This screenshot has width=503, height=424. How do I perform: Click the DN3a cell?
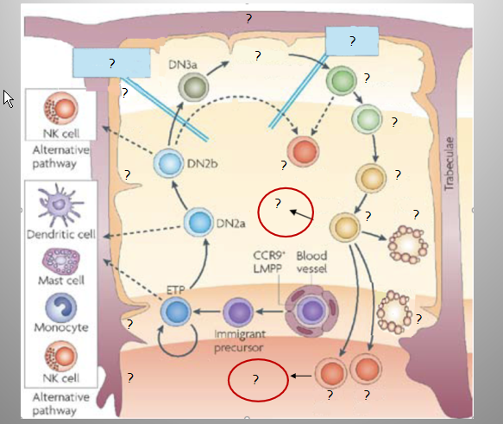[x=193, y=86]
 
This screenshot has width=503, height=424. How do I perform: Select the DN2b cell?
[x=169, y=163]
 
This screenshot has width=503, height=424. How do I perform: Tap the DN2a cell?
[x=199, y=222]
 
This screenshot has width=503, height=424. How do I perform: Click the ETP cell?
[x=176, y=312]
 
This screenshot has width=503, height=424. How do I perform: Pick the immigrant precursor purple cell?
[x=238, y=312]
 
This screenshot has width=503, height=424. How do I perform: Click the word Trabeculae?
[x=450, y=164]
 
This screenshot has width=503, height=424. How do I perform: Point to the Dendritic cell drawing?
[x=60, y=204]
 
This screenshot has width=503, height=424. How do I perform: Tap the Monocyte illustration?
[x=61, y=307]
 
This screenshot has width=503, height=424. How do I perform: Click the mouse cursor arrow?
[x=8, y=98]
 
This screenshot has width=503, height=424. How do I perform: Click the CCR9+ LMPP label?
[x=268, y=263]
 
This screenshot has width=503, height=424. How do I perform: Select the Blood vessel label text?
[x=311, y=263]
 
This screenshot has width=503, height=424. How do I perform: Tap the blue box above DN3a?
[x=111, y=63]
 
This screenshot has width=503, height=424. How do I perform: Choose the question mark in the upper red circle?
[x=278, y=203]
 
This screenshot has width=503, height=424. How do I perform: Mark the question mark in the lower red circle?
[x=255, y=380]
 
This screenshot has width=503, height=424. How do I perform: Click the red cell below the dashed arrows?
[x=303, y=151]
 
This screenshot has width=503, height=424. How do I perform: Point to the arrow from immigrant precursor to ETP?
[x=208, y=312]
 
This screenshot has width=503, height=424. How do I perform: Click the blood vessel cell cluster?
[x=311, y=311]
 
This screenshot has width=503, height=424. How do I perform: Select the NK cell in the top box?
[x=61, y=108]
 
